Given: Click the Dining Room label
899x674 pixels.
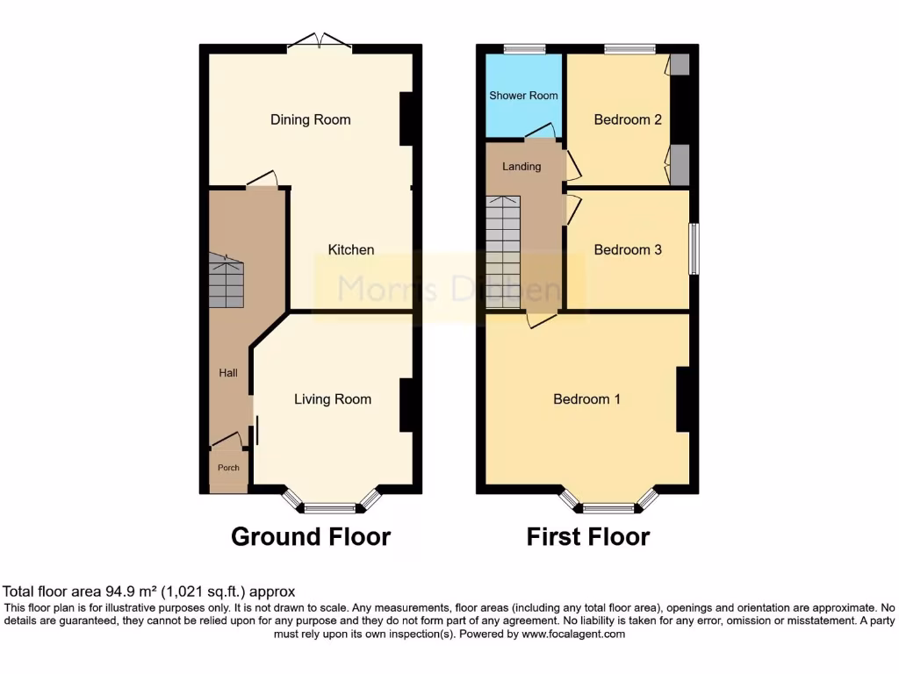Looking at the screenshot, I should click(310, 119).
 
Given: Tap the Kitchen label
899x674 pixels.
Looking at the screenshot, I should click(351, 250).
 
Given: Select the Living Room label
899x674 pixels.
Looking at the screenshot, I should click(332, 399).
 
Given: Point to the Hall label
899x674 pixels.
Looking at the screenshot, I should click(228, 373).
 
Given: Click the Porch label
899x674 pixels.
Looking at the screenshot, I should click(228, 468).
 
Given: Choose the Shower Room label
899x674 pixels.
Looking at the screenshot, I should click(523, 96).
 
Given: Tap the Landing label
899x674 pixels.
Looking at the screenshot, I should click(521, 166).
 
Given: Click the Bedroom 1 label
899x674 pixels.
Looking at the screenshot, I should click(586, 399).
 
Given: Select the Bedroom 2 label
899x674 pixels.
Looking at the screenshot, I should click(628, 119).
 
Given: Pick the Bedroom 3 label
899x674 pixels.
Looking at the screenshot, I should click(628, 250).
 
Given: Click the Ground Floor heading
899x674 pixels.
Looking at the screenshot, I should click(311, 536).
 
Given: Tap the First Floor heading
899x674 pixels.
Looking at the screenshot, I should click(588, 536).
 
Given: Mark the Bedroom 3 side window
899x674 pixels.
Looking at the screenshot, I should click(694, 250).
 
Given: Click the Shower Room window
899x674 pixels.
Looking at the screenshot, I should click(523, 48).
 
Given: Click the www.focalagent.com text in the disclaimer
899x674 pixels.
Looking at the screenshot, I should click(575, 634).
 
